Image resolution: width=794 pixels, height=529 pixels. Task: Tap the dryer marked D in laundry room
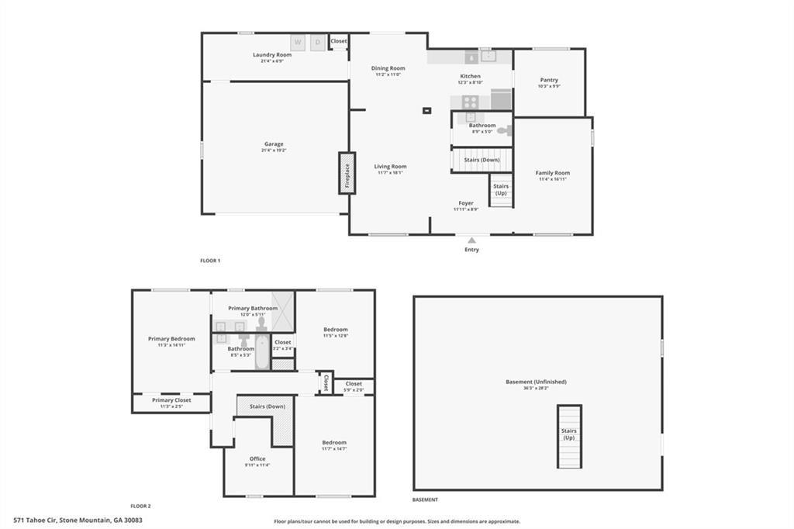(318, 43)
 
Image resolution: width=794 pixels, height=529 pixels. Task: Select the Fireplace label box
(347, 172)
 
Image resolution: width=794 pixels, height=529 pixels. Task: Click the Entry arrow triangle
(471, 240)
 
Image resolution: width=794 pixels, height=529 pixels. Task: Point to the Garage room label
(274, 144)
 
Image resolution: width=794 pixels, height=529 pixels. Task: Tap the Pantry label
(549, 80)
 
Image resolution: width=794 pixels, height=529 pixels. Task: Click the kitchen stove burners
(471, 101)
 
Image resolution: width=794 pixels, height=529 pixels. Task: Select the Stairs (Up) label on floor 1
(501, 189)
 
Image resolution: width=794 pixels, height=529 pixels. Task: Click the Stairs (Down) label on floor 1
(482, 160)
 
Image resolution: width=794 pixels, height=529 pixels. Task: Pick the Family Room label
(553, 173)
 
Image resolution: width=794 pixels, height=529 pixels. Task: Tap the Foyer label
(466, 203)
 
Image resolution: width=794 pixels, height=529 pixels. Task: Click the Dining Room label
(388, 68)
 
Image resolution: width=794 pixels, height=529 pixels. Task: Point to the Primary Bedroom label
(171, 339)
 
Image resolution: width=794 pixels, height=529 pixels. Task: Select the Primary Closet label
(171, 400)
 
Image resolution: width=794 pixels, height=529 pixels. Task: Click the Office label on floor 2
(257, 458)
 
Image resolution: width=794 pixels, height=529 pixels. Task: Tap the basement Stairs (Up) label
(569, 434)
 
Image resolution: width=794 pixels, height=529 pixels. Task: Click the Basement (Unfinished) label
(536, 382)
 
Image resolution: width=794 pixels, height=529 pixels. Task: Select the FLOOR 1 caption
(210, 261)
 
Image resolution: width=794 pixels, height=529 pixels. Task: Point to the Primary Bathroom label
(253, 309)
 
